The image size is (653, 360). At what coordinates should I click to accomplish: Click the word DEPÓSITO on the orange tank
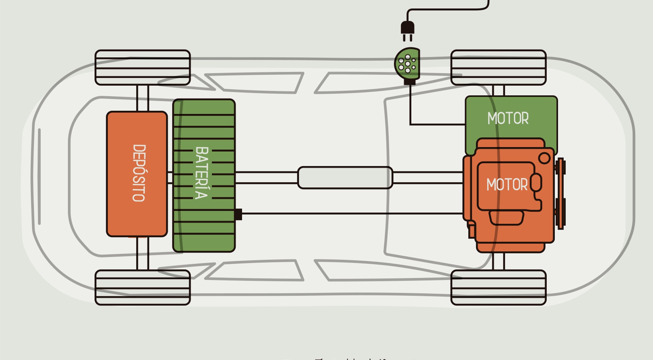pyautogui.click(x=139, y=173)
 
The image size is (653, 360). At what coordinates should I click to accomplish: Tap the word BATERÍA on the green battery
pyautogui.click(x=202, y=173)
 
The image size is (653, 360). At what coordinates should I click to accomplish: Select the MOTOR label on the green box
pyautogui.click(x=508, y=118)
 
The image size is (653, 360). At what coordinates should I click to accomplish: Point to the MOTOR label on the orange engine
pyautogui.click(x=507, y=185)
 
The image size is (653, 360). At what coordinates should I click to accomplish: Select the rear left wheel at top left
pyautogui.click(x=143, y=68)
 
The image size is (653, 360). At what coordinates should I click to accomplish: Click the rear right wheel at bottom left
pyautogui.click(x=143, y=287)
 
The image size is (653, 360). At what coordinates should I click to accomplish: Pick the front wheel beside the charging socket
pyautogui.click(x=498, y=68)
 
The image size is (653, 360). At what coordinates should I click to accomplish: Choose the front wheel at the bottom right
pyautogui.click(x=498, y=287)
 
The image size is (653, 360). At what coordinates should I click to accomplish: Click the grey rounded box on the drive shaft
pyautogui.click(x=345, y=178)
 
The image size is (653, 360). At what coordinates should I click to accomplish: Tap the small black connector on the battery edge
pyautogui.click(x=238, y=214)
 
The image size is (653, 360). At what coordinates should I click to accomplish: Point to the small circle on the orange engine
pyautogui.click(x=544, y=158)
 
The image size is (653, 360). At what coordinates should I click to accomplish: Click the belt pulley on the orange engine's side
pyautogui.click(x=561, y=193)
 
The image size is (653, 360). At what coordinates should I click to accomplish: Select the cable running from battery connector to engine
pyautogui.click(x=353, y=214)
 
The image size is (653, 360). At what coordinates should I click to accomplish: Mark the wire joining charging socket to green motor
pyautogui.click(x=410, y=108)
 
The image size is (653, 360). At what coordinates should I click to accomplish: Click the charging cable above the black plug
pyautogui.click(x=447, y=9)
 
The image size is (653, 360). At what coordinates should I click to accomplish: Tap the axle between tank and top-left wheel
pyautogui.click(x=143, y=98)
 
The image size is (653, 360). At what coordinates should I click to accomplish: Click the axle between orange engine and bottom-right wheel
pyautogui.click(x=498, y=261)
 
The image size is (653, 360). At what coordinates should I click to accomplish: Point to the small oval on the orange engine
pyautogui.click(x=536, y=183)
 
